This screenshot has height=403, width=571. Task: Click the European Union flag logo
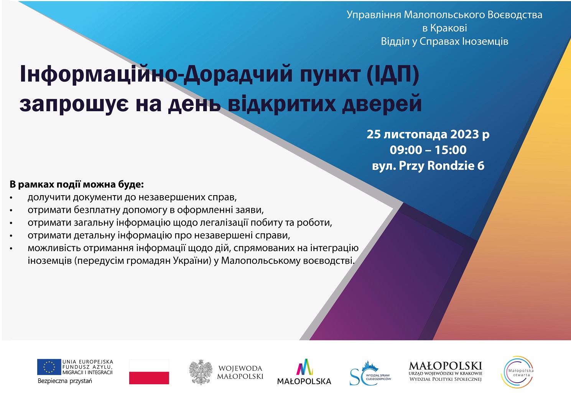click(x=49, y=367)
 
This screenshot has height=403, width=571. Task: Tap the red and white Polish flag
click(x=149, y=372)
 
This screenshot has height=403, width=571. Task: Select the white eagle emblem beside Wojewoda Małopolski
click(x=201, y=372)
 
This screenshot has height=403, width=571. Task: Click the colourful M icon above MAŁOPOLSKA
click(x=304, y=367)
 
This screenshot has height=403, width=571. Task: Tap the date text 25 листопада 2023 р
click(x=428, y=134)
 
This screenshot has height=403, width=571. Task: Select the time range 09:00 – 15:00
click(x=428, y=150)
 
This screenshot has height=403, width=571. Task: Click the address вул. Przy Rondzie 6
click(x=428, y=165)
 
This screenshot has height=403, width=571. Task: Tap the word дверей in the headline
click(x=382, y=104)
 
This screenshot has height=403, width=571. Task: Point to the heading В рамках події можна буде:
click(x=77, y=184)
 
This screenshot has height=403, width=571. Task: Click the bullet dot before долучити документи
click(x=11, y=198)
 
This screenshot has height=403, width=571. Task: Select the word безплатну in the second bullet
click(x=97, y=210)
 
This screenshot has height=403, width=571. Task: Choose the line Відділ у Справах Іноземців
click(x=444, y=41)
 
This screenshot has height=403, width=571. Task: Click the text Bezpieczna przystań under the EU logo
click(x=65, y=381)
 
